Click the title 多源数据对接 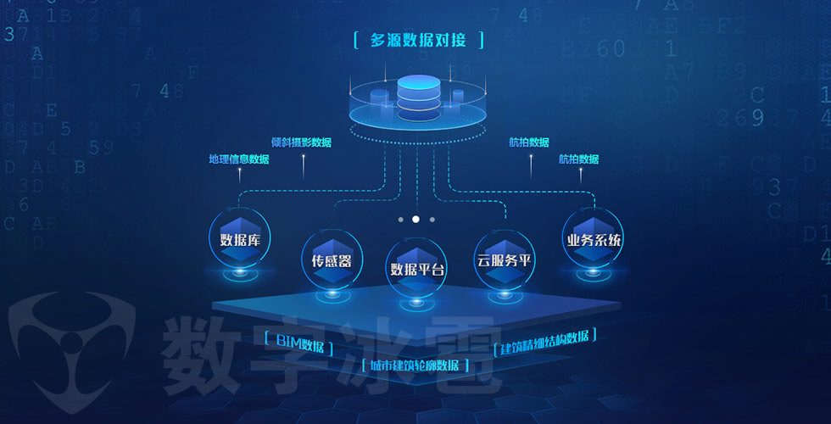[x=418, y=40]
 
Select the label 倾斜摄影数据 [x=301, y=142]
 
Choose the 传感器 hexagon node [x=326, y=260]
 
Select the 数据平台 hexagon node [x=416, y=269]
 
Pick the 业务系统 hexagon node [x=594, y=240]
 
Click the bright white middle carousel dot [x=415, y=219]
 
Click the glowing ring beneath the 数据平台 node [x=415, y=302]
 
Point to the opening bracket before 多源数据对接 [x=354, y=40]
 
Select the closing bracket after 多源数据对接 [x=481, y=40]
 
